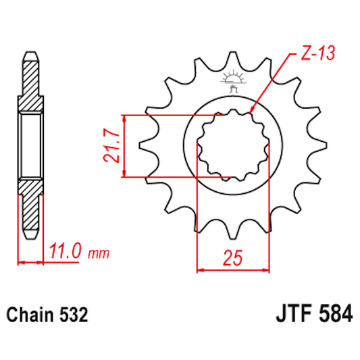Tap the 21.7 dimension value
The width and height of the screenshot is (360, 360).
click(x=111, y=147)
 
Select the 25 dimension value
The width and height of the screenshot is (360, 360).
click(x=232, y=257)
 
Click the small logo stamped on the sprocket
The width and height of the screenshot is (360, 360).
click(x=234, y=82)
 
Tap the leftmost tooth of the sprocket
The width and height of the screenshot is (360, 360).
click(x=145, y=146)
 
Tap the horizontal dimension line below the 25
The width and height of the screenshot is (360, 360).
click(x=232, y=271)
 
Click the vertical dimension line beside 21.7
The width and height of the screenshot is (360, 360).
click(x=123, y=147)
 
